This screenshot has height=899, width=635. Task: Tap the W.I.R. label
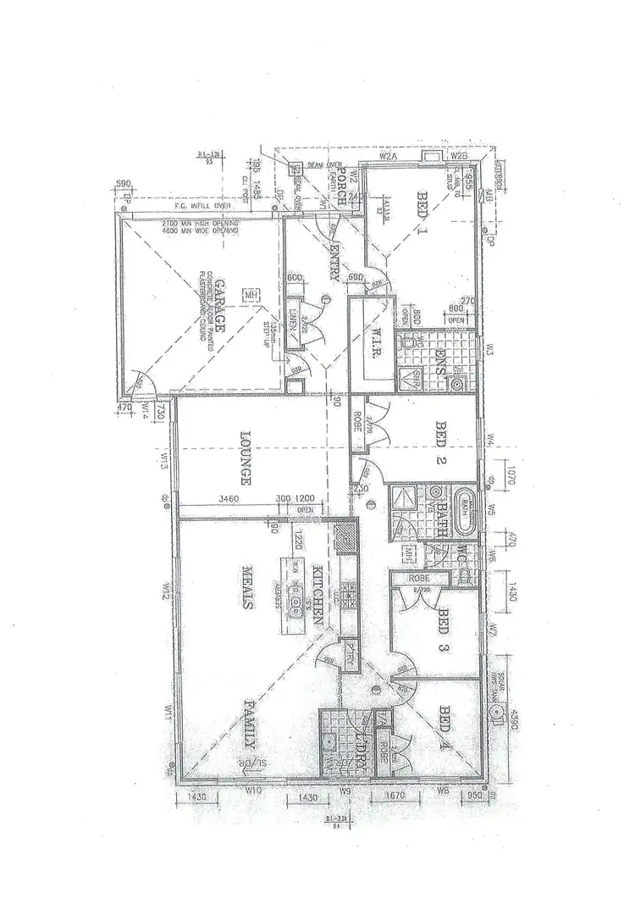370,341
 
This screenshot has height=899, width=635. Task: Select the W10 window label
251,791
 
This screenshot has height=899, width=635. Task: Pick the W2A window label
389,157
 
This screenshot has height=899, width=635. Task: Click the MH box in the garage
251,295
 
